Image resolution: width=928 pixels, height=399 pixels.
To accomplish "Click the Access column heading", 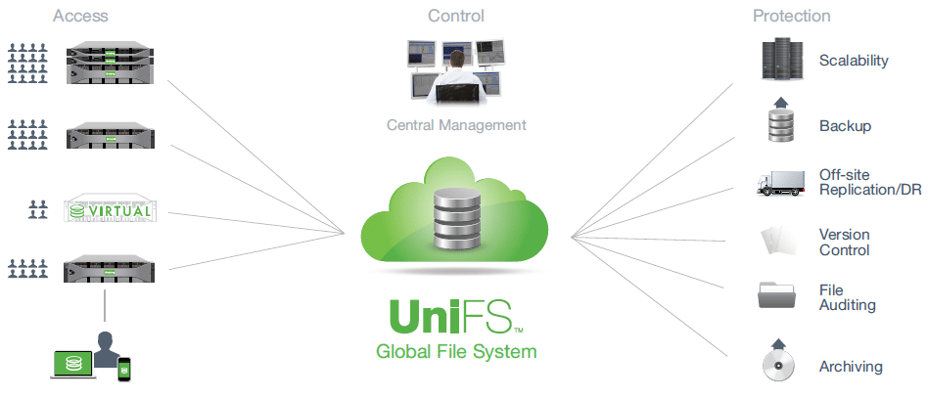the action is click(79, 16).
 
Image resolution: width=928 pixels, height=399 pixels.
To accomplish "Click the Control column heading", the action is click(456, 16).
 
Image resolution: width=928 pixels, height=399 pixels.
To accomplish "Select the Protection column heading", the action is click(791, 16).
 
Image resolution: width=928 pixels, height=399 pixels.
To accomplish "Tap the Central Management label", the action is click(456, 125).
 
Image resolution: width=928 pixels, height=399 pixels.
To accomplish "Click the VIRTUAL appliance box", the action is click(108, 210).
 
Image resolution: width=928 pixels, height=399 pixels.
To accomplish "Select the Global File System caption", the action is click(456, 352).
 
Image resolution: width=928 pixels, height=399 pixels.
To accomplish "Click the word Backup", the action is click(845, 126).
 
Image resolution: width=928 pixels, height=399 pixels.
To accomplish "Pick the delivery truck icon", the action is click(780, 183).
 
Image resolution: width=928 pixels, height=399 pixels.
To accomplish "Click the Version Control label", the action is click(845, 242).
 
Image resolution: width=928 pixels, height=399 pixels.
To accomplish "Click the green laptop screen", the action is click(73, 363).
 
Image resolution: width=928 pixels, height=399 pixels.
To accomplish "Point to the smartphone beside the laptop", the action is click(123, 369).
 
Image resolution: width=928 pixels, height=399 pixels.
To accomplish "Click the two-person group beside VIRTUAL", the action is click(38, 209).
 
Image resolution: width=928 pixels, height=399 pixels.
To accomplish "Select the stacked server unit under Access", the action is click(110, 62).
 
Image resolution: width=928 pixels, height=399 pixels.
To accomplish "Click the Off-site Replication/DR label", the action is click(870, 182).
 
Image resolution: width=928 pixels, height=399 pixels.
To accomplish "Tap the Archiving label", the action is click(851, 367).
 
